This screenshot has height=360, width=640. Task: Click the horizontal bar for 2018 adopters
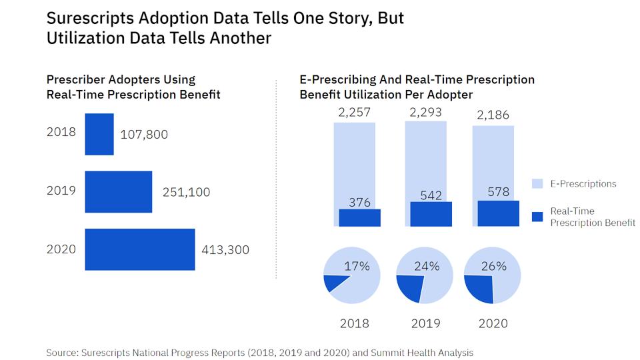coord(99,134)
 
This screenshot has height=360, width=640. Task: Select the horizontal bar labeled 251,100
coord(119,192)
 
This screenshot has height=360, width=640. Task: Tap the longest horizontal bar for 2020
coord(140,249)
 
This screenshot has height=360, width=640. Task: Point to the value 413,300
coord(225,250)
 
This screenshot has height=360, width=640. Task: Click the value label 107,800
coord(144,135)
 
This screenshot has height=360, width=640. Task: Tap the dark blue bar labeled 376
coord(359,218)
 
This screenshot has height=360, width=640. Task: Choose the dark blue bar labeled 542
coord(431,214)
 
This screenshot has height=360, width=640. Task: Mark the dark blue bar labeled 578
coord(498,213)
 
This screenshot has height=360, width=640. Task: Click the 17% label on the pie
coord(357,266)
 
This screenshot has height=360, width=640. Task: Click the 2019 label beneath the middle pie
coord(426,323)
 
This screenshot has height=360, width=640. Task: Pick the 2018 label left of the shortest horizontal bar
coord(61,132)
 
